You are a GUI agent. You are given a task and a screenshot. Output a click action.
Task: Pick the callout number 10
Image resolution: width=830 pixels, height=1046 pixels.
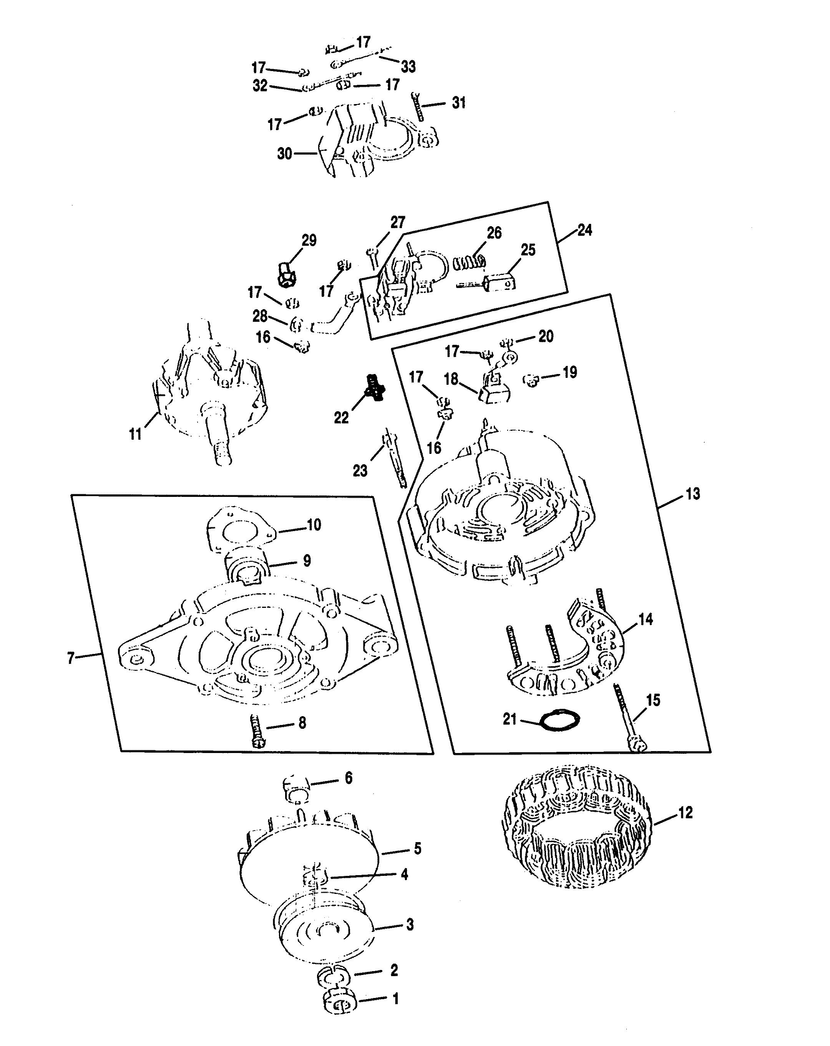click(x=314, y=525)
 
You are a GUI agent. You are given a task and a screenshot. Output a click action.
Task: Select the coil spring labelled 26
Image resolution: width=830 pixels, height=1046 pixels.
click(x=468, y=263)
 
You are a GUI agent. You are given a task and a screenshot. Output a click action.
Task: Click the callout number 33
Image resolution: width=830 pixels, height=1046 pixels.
click(x=408, y=66)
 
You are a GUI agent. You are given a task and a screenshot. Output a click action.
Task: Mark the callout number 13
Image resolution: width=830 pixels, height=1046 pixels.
click(x=693, y=494)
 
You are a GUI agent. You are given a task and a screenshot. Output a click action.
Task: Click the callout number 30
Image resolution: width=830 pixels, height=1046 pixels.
click(x=284, y=154)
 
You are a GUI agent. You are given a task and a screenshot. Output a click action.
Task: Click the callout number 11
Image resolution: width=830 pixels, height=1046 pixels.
click(x=135, y=433)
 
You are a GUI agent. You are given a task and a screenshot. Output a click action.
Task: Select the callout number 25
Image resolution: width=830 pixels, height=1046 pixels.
click(x=528, y=250)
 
